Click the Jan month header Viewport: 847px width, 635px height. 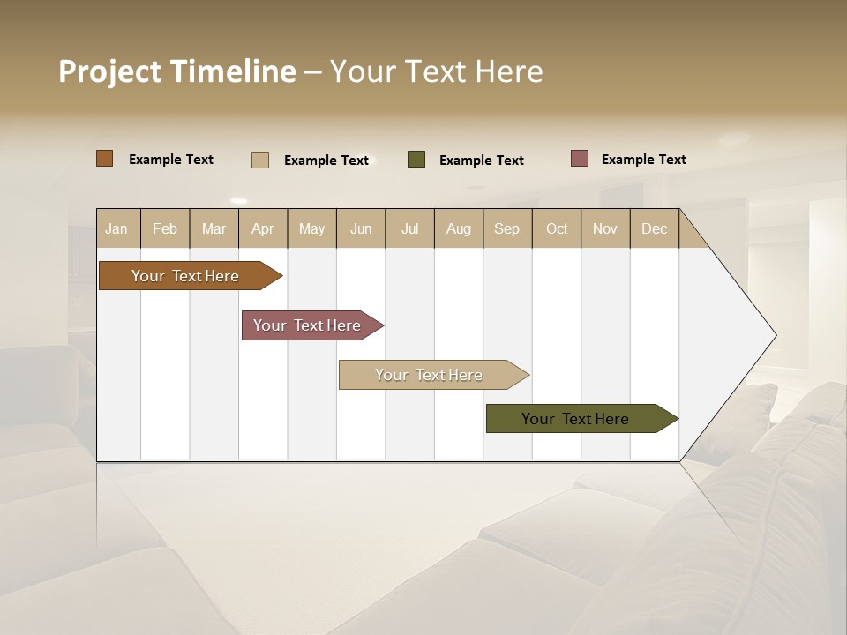click(x=116, y=228)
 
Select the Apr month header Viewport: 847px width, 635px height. click(x=262, y=228)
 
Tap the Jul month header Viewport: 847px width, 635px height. click(x=409, y=228)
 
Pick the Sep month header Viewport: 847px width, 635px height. click(x=506, y=228)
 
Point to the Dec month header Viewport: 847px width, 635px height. click(x=654, y=228)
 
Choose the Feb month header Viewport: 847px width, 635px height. click(x=165, y=228)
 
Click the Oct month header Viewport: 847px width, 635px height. click(x=557, y=228)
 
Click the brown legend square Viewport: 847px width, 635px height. click(x=104, y=159)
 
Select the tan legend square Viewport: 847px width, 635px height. click(x=260, y=160)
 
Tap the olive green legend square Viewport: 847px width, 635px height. click(x=416, y=160)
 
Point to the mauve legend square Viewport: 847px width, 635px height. click(x=580, y=159)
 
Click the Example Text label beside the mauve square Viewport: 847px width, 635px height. click(x=643, y=160)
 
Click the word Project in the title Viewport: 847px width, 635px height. click(x=109, y=71)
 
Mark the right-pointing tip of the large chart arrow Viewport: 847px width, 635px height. click(x=775, y=335)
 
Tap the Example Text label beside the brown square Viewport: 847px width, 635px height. click(x=171, y=160)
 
